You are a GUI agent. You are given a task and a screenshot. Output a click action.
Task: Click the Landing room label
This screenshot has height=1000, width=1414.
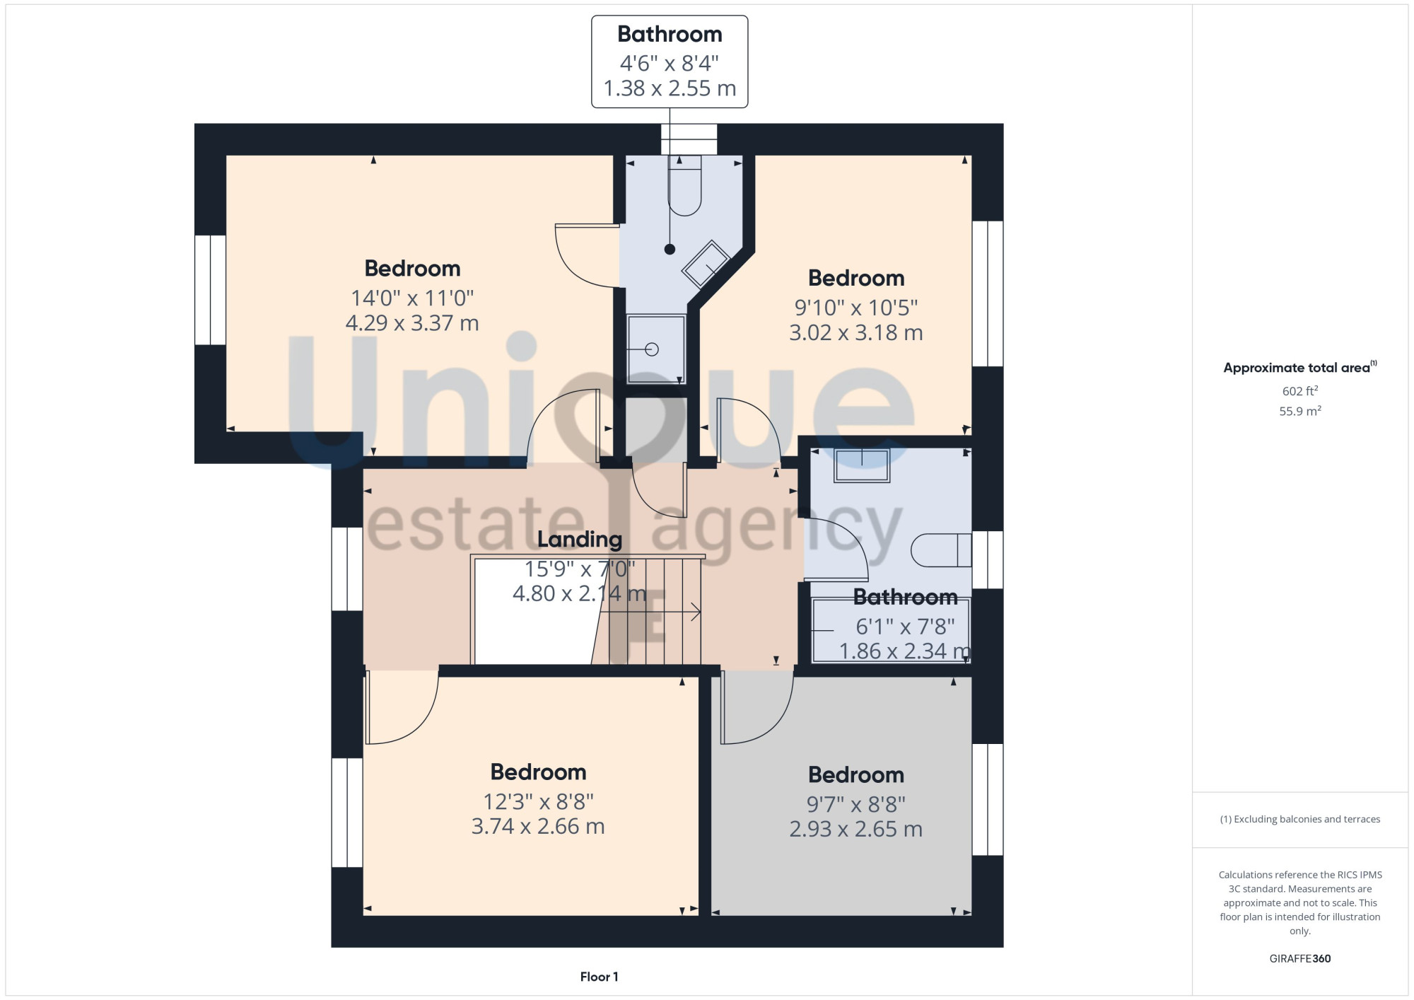pos(580,540)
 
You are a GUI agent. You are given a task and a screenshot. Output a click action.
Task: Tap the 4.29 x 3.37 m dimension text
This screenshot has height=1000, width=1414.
pos(412,323)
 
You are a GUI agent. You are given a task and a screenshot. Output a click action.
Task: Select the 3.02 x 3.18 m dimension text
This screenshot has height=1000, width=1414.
pos(856,332)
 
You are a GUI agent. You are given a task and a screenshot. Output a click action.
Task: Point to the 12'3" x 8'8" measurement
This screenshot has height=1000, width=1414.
pos(538,801)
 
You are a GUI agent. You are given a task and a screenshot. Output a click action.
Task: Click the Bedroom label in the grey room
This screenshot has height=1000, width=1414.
pos(856,774)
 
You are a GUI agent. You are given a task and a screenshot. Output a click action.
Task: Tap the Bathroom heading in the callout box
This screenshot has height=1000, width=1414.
pos(670,34)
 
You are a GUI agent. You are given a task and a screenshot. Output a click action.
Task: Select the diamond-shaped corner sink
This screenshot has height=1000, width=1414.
pos(706,264)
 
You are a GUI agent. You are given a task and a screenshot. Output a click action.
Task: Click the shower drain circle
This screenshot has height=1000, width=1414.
pos(652,349)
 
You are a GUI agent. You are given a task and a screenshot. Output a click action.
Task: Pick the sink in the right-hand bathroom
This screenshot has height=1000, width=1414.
pos(862,465)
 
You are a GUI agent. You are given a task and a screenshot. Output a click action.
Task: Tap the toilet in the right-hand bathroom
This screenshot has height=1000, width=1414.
pos(941,550)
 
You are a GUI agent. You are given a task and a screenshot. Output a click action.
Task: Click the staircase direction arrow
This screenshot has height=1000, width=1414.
pos(651,612)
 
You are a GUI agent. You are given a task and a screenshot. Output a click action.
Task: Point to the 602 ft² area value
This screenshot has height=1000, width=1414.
pos(1300,390)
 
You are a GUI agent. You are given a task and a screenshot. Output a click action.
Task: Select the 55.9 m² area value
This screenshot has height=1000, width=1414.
pos(1300,410)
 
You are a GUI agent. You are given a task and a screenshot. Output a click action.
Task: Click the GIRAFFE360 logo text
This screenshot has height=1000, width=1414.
pos(1300,959)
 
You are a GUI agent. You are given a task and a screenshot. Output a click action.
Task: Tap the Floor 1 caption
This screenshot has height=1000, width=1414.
pos(599,977)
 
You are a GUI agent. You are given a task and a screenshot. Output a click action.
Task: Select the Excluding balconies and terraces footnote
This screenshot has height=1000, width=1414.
pos(1300,819)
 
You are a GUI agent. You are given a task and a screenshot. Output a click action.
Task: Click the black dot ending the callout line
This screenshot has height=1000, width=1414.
pos(670,249)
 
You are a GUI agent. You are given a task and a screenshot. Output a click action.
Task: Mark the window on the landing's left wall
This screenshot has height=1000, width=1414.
pos(347,569)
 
